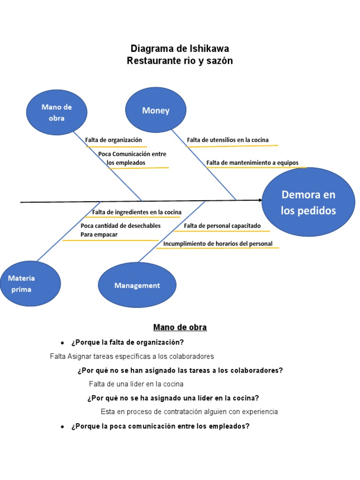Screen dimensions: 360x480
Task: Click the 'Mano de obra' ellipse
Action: coord(57,112)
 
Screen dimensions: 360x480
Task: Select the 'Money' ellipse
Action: coord(156,110)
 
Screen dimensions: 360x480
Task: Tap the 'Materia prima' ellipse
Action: coord(30,284)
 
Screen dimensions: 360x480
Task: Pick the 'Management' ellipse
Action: coord(137,285)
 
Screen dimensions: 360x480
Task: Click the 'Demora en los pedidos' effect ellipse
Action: coord(308,202)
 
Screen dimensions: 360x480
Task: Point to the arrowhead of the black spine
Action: coord(261,200)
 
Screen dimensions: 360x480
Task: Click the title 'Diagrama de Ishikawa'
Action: coord(180,48)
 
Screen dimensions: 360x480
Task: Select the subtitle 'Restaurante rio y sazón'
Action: coord(180,60)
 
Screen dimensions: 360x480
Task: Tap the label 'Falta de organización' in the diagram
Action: coord(113,140)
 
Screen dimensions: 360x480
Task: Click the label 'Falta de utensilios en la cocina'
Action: coord(228,140)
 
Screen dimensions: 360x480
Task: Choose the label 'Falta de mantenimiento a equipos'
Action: coord(252,163)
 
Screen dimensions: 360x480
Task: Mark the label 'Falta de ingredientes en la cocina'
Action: coord(136,212)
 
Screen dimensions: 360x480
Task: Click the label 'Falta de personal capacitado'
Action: coord(222,226)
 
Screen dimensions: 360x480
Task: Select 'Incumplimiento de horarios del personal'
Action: coord(217,244)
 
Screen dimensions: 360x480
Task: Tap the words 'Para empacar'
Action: coord(99,234)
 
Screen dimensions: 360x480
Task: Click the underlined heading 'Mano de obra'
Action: coord(180,327)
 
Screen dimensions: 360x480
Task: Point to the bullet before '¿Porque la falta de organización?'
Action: coord(62,343)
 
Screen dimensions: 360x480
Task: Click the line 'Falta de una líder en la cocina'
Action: coord(136,384)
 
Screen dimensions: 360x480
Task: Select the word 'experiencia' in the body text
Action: coord(260,412)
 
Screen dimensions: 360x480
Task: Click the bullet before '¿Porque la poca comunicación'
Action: coord(62,427)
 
